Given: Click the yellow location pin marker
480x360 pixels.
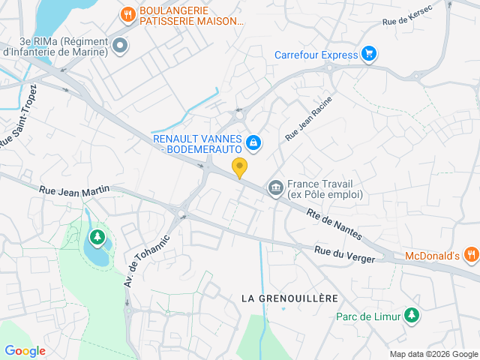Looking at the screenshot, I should tap(239, 168).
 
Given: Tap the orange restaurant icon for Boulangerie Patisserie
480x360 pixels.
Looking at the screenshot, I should tap(128, 14).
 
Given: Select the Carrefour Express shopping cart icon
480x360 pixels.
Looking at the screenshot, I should tap(368, 54).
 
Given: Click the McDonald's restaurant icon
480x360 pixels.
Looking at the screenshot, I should tap(471, 255).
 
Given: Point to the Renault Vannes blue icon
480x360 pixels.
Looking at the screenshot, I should tap(253, 142).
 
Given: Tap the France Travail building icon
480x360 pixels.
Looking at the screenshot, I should tap(275, 187).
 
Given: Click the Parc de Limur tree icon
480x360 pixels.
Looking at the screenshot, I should tap(411, 316).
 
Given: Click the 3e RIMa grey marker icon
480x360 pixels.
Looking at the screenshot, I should tap(119, 46).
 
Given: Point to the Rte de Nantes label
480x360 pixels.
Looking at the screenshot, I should tap(335, 223).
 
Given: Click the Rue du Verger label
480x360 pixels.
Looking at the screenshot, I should tap(344, 255).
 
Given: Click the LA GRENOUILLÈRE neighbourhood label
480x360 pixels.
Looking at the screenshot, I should tap(289, 298).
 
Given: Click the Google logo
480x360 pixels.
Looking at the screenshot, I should tap(25, 350).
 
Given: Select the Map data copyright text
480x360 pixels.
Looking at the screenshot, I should tap(433, 354).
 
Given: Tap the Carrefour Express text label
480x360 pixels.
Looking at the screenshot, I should tap(315, 54).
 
